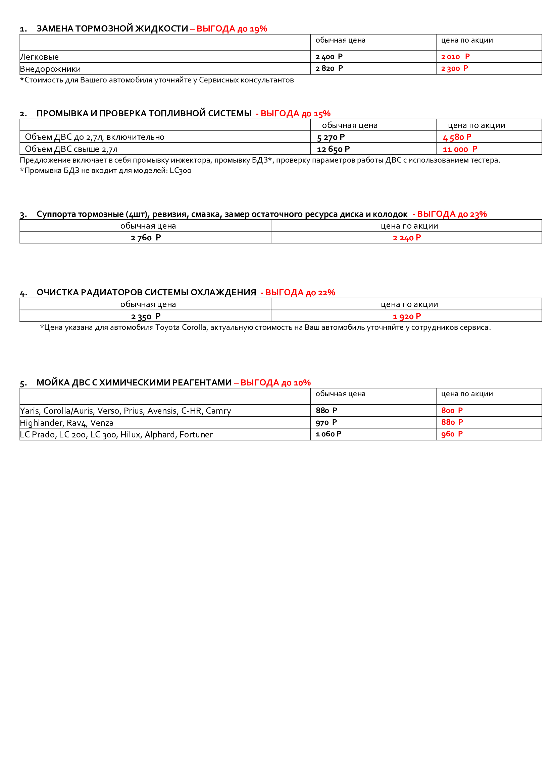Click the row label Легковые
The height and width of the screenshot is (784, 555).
(39, 57)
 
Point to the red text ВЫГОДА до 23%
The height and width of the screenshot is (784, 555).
(451, 214)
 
